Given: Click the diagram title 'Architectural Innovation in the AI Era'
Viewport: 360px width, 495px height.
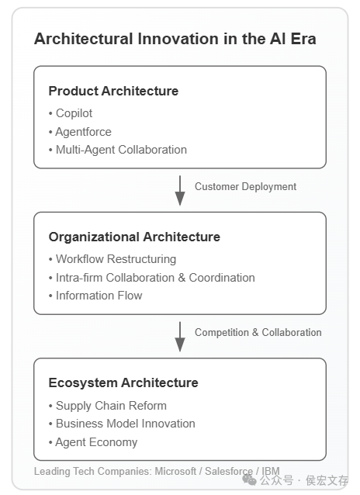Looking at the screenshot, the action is [175, 39].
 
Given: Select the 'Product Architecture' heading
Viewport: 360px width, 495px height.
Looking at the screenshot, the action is [113, 91].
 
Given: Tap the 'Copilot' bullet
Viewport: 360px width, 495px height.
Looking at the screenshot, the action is [71, 113].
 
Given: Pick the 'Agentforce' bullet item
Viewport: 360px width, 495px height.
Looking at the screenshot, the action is [80, 132].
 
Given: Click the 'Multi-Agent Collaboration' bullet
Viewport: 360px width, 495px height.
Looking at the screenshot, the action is [118, 150].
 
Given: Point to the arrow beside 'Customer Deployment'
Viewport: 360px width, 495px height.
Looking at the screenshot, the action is [180, 190].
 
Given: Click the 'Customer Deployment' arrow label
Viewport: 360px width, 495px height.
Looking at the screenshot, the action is [245, 186].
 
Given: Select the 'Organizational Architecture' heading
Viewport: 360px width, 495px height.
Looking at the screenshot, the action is [134, 237].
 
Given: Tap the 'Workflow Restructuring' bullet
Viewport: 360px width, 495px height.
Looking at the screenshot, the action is [112, 259].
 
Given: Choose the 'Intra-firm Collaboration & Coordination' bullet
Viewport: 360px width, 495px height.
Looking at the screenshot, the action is [151, 278].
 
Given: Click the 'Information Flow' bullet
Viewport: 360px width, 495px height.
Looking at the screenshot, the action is [95, 296].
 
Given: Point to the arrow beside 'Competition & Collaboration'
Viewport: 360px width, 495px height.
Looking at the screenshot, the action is [180, 337].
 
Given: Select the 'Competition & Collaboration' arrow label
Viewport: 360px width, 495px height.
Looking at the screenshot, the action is [258, 332].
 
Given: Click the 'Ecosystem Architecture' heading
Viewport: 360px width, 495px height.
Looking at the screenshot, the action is [123, 382].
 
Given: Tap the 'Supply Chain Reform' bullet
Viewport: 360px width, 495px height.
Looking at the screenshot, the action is [108, 406].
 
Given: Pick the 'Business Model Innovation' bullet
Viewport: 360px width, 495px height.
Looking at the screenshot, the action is [122, 424].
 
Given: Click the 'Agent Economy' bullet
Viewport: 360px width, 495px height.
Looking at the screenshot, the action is [93, 442].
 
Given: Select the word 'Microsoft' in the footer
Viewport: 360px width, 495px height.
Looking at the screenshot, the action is [175, 471].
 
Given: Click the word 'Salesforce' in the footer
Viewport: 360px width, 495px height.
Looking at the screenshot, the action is [229, 471].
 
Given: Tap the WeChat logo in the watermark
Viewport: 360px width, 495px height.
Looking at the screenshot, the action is [249, 480].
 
